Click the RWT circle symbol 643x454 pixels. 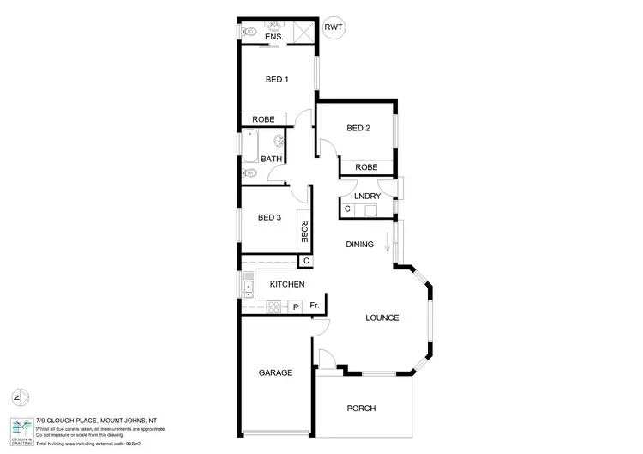pos(333,27)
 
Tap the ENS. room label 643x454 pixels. pos(274,38)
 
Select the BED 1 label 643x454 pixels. pos(276,80)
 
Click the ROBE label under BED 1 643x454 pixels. pos(263,119)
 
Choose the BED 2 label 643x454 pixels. pos(358,129)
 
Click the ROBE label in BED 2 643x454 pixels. pos(367,167)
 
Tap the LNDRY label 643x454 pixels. pos(367,197)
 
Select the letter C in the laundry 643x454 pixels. pos(347,209)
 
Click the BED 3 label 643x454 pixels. pos(269,217)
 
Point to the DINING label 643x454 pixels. pos(359,245)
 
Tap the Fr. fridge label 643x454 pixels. pos(315,306)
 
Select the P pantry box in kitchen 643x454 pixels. pos(296,306)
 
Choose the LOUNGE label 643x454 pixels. pos(382,318)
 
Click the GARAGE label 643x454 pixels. pos(275,373)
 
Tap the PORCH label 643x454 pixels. pos(361,409)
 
